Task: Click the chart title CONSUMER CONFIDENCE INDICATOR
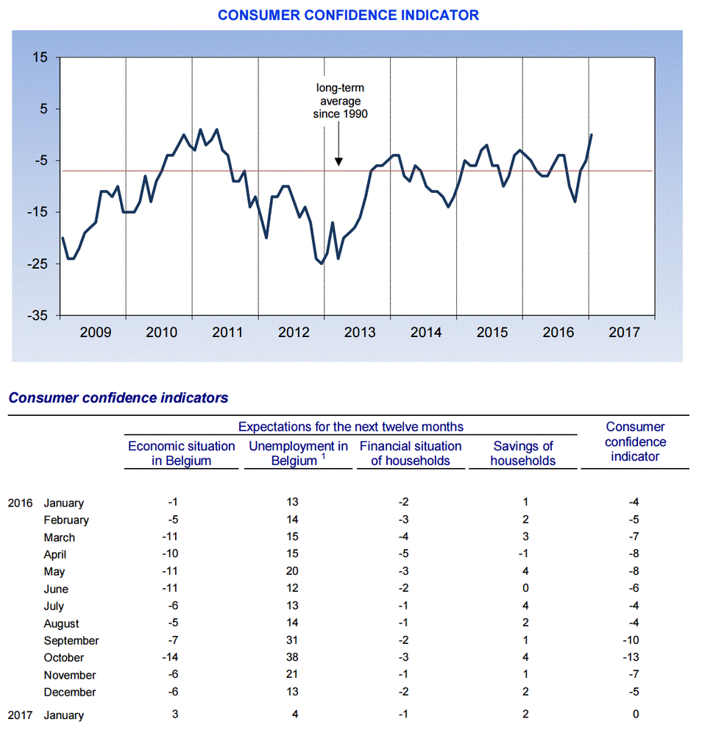[348, 15]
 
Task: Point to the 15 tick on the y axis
[40, 57]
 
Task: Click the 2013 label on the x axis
[360, 332]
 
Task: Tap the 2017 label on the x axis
[624, 332]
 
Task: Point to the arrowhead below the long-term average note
[338, 160]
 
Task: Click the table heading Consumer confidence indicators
[118, 398]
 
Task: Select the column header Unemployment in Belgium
[298, 453]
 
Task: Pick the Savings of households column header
[522, 453]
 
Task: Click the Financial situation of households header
[411, 453]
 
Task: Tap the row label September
[71, 640]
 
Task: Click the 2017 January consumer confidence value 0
[636, 715]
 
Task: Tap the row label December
[70, 692]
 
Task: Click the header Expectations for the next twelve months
[351, 426]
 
